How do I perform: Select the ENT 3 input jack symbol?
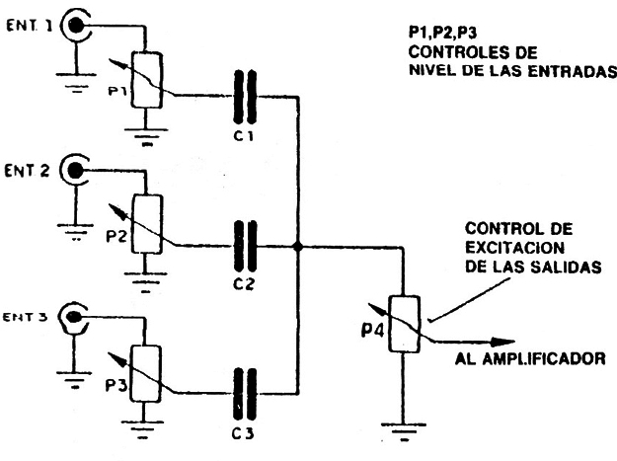point(75,318)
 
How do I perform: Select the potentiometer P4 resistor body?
point(404,324)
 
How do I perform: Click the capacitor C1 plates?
point(244,96)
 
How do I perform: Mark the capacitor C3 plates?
point(244,389)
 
